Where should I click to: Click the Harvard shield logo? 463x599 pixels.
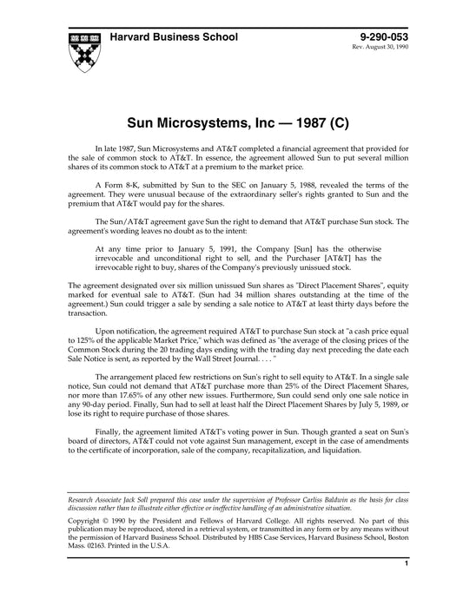coord(83,49)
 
